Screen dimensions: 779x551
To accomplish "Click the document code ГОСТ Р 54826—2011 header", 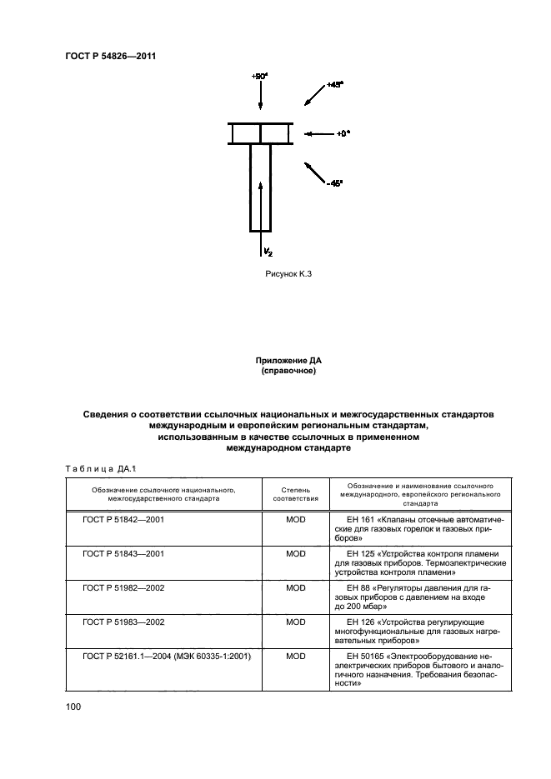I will click(111, 56).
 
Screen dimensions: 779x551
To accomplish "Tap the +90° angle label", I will click(259, 76).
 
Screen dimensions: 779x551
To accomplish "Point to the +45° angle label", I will click(336, 84).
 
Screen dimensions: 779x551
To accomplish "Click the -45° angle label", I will click(335, 185).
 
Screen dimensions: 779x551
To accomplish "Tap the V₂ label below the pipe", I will click(267, 251).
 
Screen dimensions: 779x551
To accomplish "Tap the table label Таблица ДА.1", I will click(102, 468).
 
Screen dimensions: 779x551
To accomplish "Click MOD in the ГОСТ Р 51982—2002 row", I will click(296, 587).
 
